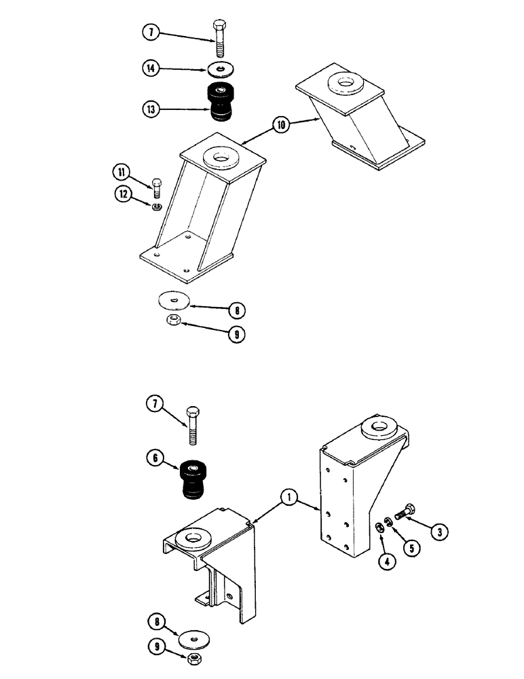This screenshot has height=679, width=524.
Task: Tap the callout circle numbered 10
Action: [x=282, y=124]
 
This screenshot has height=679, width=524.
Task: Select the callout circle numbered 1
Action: [x=290, y=499]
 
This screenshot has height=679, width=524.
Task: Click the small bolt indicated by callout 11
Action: [x=158, y=186]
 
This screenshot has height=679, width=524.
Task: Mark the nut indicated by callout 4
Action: [x=379, y=526]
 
